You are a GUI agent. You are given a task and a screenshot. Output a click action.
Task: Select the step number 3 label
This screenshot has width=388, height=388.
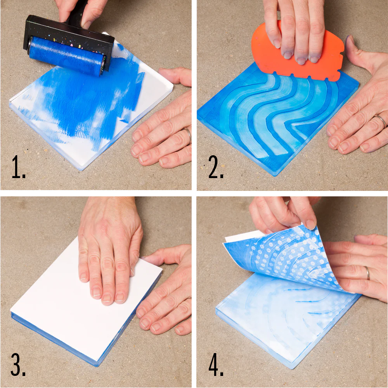tap(18, 364)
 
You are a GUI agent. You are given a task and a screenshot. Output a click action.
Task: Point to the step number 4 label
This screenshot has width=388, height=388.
tap(216, 364)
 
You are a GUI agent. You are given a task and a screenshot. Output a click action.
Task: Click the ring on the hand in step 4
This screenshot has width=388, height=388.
tap(368, 273)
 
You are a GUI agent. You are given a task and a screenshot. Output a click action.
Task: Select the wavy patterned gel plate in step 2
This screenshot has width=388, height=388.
tap(277, 119)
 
